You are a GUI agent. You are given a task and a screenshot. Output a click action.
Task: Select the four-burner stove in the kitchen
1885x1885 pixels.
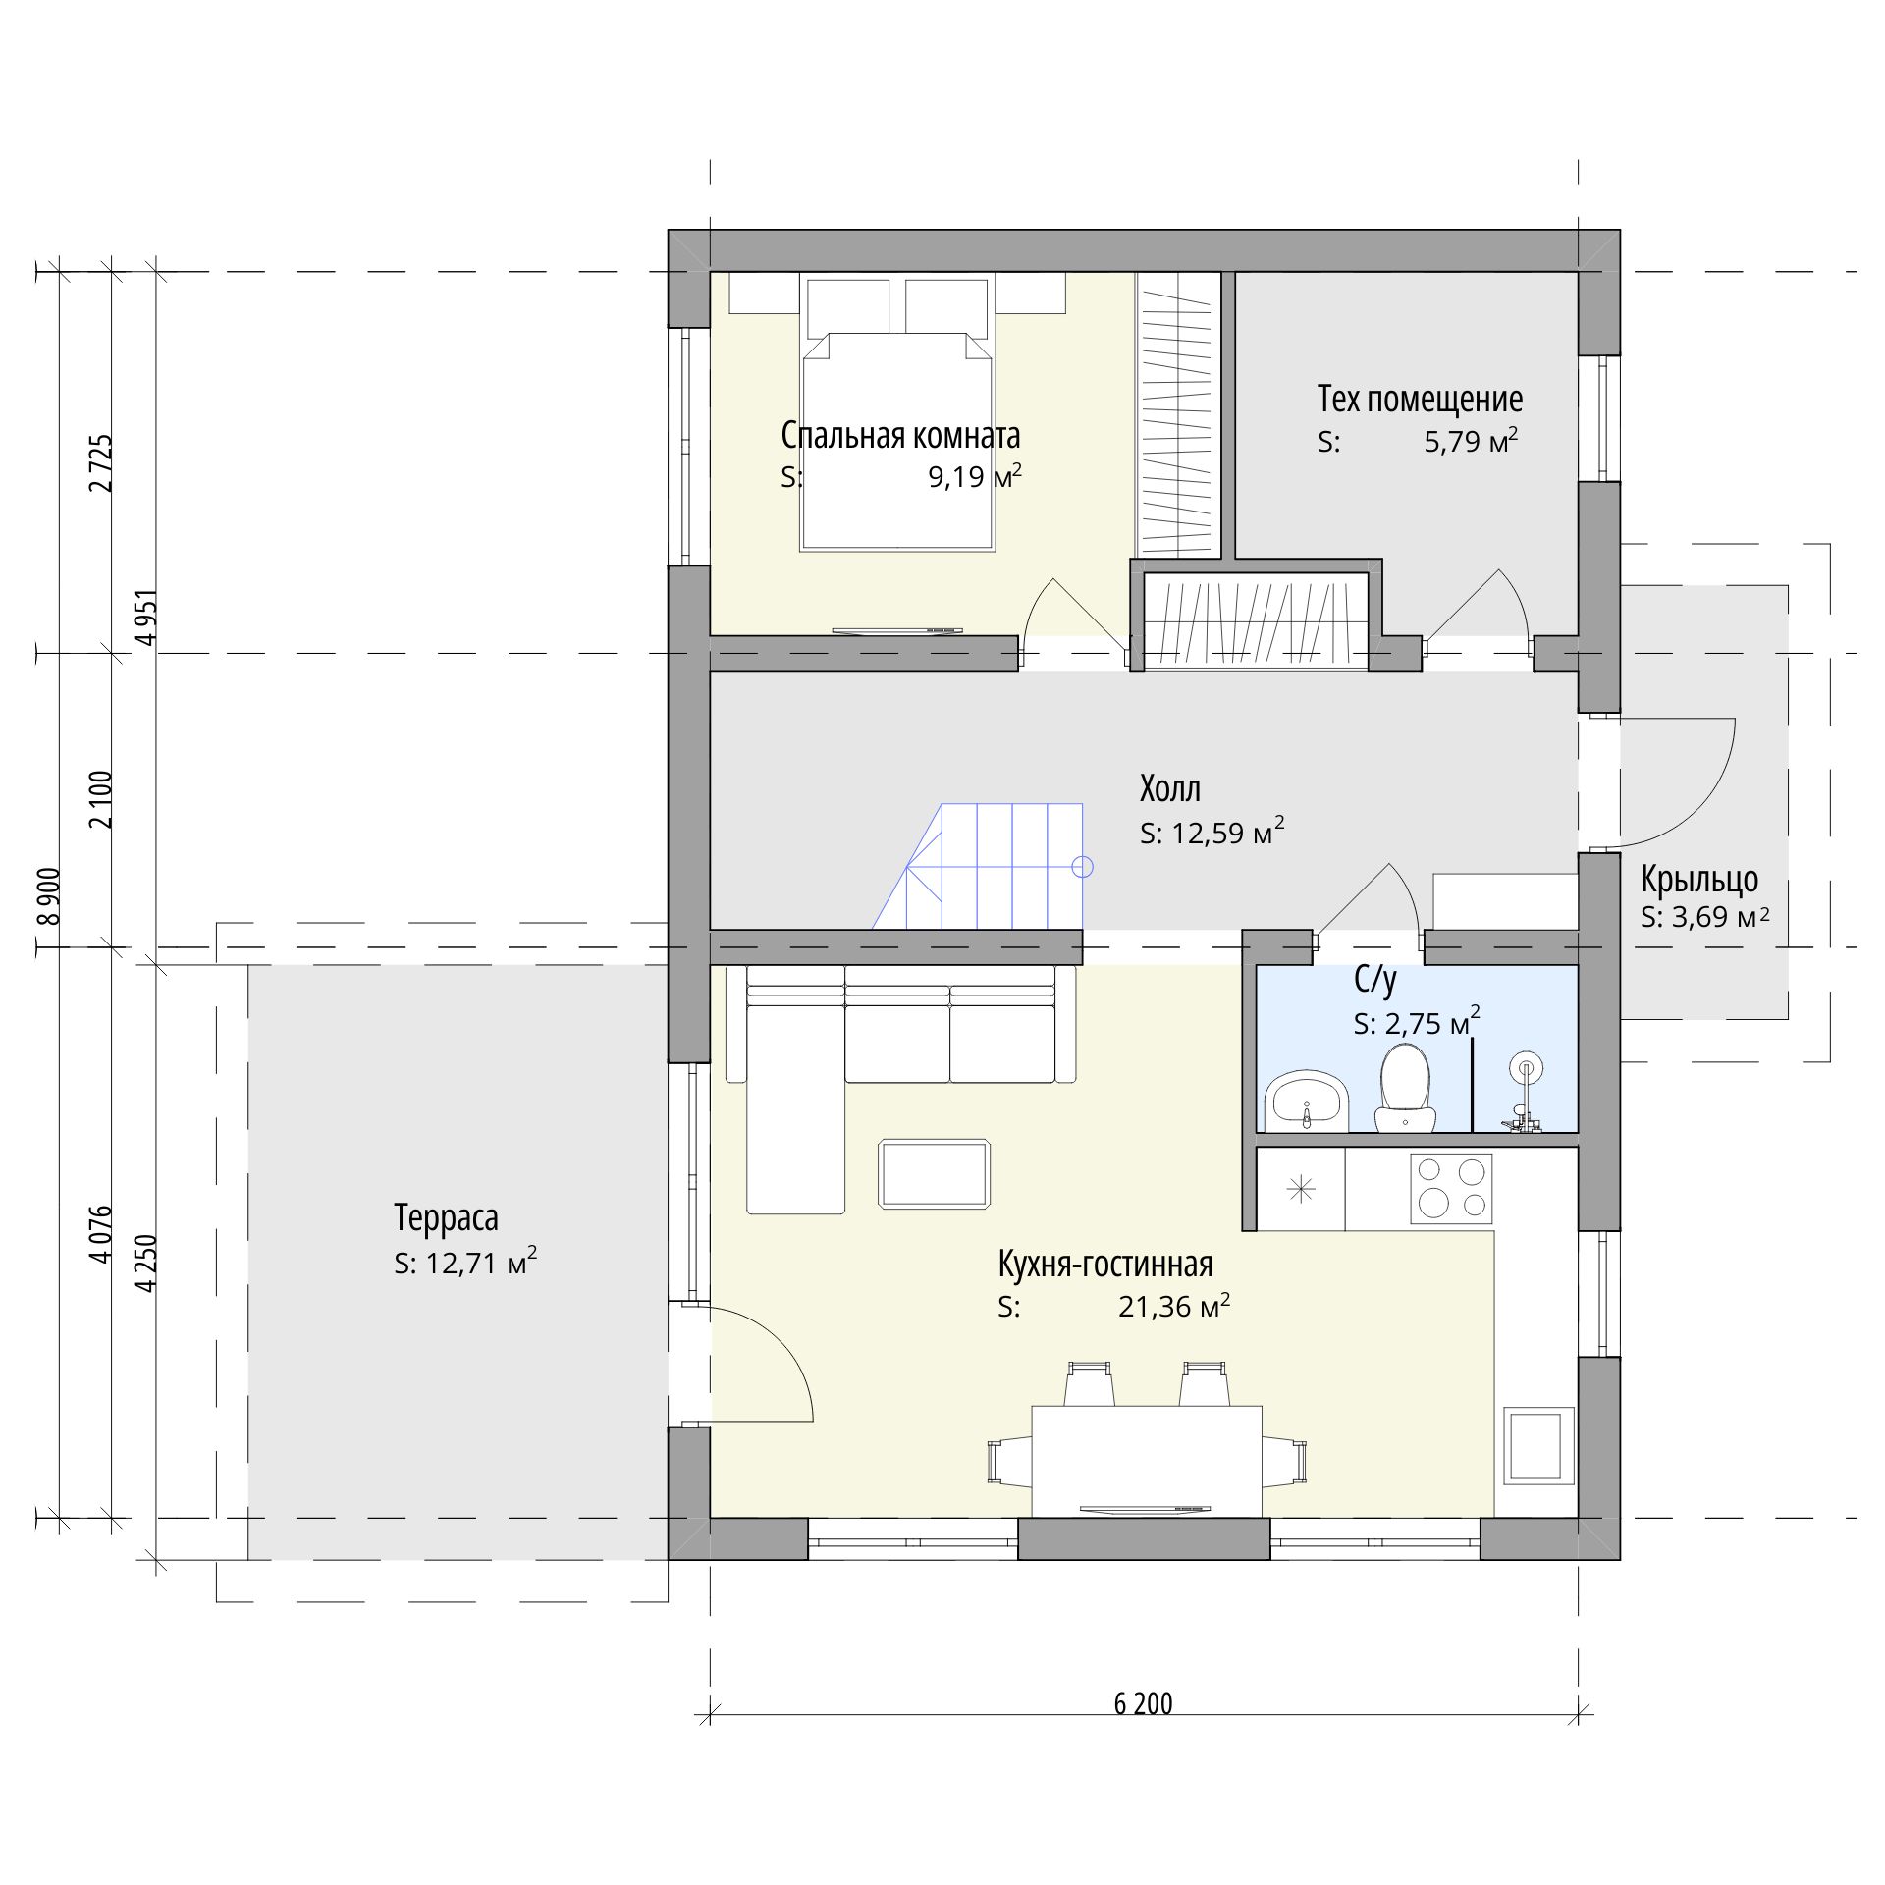[1451, 1188]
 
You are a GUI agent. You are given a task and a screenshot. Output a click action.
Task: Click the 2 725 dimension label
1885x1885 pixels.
[101, 462]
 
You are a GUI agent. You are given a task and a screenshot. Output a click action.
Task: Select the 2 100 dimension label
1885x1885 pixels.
[101, 799]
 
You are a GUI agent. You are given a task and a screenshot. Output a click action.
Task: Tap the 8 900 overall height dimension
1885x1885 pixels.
[48, 895]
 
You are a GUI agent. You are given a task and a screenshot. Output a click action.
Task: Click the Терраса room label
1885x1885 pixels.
[446, 1217]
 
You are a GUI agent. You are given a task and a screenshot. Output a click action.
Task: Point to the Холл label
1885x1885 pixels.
[1169, 788]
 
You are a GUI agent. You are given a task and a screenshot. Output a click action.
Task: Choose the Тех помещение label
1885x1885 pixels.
[1420, 400]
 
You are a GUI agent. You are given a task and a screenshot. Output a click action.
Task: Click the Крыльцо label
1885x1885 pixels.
[1699, 879]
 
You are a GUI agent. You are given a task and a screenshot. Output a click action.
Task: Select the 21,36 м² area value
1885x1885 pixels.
[1174, 1307]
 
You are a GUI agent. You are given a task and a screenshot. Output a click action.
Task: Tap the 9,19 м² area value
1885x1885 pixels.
[975, 477]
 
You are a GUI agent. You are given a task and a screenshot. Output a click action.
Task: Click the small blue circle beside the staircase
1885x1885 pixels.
[1083, 867]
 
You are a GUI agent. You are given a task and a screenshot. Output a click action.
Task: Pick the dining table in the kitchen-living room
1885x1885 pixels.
[1147, 1461]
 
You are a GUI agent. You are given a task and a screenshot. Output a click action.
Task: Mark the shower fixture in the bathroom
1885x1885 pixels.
[1522, 1092]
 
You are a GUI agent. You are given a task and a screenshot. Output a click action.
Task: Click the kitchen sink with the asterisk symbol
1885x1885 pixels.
[1302, 1190]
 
